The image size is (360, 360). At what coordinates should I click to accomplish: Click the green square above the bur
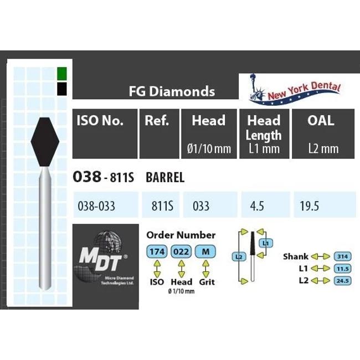62,74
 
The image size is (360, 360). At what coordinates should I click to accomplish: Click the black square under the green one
62,89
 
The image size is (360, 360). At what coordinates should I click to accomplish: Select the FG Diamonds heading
172,91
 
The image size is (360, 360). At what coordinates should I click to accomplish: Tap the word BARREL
164,178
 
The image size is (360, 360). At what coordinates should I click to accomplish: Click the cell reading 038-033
100,206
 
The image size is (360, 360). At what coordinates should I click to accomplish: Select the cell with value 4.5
257,206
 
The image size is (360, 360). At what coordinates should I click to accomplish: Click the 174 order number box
157,252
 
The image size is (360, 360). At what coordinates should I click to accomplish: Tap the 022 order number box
182,252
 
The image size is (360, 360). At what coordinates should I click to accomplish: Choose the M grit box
205,252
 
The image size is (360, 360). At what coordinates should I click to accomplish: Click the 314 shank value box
343,256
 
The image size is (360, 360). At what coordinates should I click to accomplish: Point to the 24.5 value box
343,281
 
